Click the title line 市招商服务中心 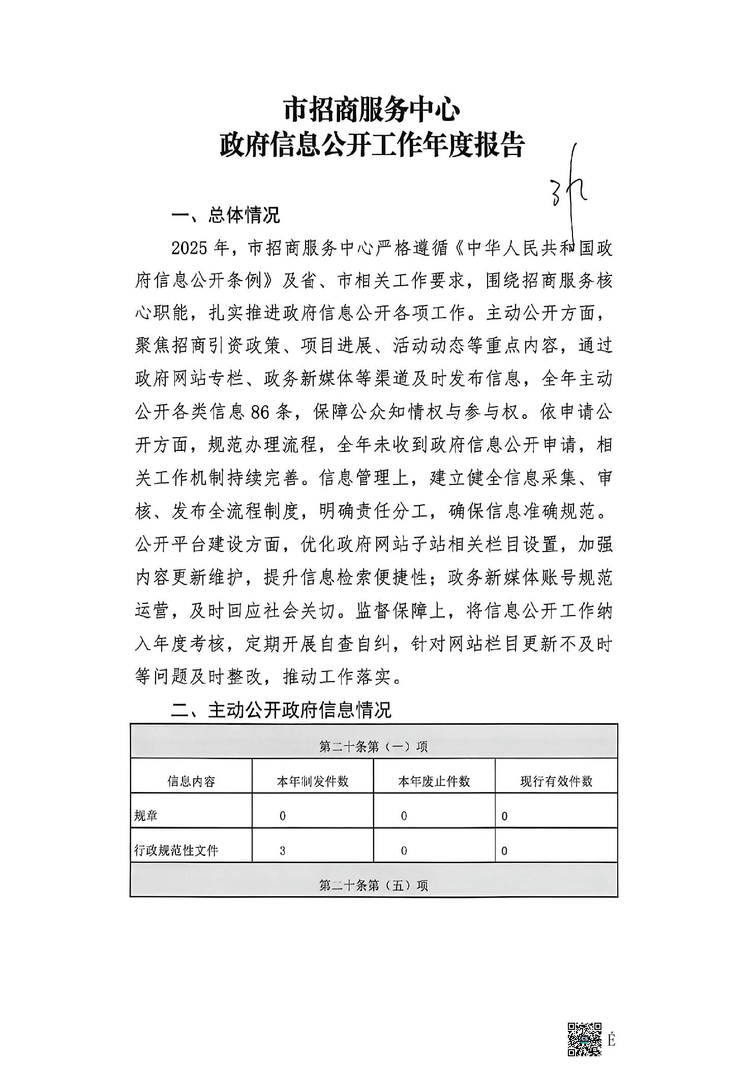[x=371, y=110]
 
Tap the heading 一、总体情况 [x=226, y=215]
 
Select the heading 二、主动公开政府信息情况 [x=281, y=710]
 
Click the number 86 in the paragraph [x=260, y=412]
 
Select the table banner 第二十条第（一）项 [x=374, y=746]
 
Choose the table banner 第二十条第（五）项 [x=374, y=885]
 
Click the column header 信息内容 [x=191, y=781]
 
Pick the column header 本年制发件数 [x=313, y=781]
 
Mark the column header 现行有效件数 [x=556, y=781]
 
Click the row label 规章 [x=145, y=816]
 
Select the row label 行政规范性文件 [x=176, y=850]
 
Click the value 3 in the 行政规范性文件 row [x=282, y=850]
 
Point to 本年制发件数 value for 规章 [x=282, y=816]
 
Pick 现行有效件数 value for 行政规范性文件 [x=504, y=851]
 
